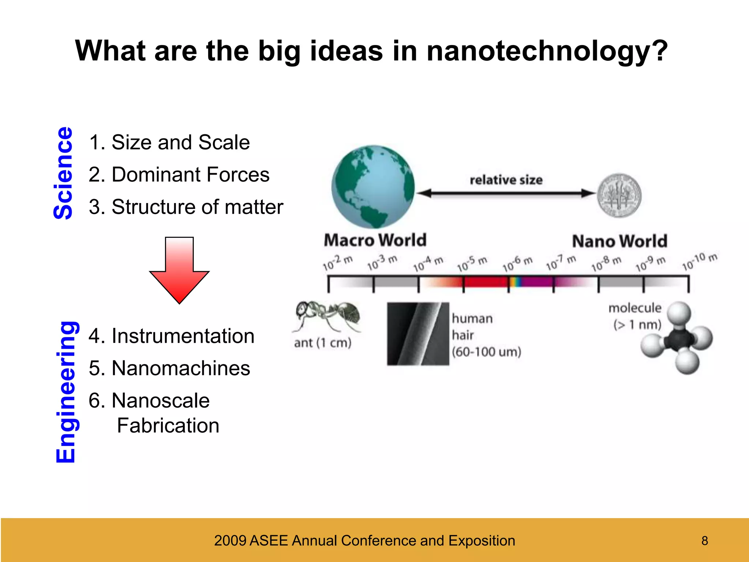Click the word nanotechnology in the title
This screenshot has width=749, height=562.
pos(547,51)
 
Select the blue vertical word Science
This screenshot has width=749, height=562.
pos(64,173)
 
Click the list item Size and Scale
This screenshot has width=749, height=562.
pos(169,142)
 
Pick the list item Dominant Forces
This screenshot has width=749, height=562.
pos(179,175)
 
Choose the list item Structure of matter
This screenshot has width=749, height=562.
pos(186,207)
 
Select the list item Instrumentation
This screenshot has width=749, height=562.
pos(172,336)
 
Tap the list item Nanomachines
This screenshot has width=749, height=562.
pos(169,368)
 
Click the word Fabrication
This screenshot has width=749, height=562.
pos(168,426)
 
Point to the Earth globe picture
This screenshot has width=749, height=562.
pos(373,187)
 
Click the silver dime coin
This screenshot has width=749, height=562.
pos(619,195)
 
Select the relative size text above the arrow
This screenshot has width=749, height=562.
pos(506,180)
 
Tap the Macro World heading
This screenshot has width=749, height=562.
pos(375,240)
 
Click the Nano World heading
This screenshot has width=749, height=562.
pos(620,241)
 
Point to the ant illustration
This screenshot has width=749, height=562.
pos(327,315)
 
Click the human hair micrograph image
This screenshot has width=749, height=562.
pos(418,334)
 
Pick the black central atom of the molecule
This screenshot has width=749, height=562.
pos(677,338)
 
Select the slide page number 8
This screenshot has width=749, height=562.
pos(704,541)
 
